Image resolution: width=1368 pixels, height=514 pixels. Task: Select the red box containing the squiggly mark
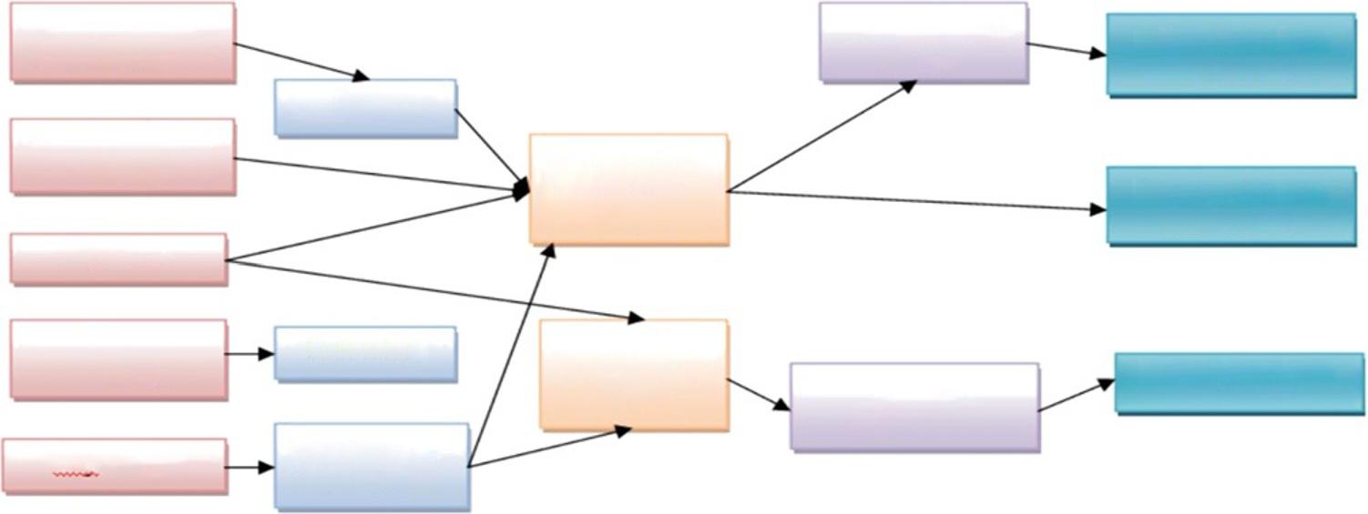click(x=115, y=466)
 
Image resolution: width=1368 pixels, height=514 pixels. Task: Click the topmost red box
click(x=123, y=43)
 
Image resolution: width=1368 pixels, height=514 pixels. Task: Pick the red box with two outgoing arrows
click(x=118, y=258)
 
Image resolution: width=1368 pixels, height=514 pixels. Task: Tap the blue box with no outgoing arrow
click(x=365, y=354)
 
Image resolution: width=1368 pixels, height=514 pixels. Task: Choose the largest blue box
click(x=372, y=465)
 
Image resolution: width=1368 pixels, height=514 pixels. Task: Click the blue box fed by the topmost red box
click(x=365, y=108)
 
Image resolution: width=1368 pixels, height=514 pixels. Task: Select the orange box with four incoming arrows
click(x=628, y=189)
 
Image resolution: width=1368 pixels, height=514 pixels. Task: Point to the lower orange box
click(x=634, y=375)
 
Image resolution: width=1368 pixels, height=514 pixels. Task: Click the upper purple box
click(x=924, y=43)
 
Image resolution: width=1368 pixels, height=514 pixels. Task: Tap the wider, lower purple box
click(x=914, y=407)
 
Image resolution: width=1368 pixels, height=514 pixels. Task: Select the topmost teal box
click(x=1230, y=55)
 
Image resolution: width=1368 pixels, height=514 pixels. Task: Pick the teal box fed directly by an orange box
click(x=1230, y=206)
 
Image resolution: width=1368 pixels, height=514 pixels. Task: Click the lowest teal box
click(x=1239, y=383)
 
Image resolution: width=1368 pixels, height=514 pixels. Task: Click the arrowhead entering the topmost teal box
click(x=1098, y=54)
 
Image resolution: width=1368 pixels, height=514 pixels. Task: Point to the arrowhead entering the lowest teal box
click(x=1107, y=384)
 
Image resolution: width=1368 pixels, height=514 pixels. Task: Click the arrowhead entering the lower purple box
click(x=782, y=406)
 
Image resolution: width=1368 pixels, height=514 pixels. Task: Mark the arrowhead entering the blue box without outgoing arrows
click(x=267, y=354)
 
